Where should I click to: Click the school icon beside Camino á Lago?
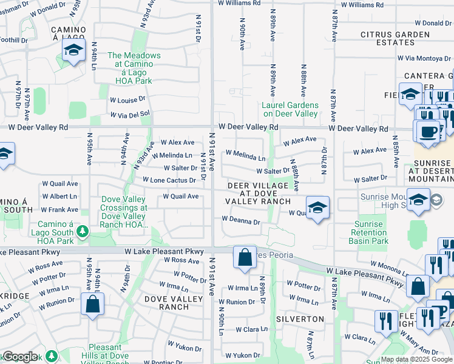[x=74, y=50]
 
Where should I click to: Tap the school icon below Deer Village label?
[x=317, y=207]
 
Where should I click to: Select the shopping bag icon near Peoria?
[x=244, y=257]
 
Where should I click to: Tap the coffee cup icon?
[x=429, y=130]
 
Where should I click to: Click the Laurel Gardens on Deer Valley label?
[x=290, y=109]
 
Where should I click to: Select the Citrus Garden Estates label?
[x=395, y=38]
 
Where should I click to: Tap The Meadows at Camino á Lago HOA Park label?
[x=134, y=68]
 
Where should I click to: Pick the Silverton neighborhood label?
[x=300, y=318]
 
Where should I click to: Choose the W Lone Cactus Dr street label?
[x=169, y=180]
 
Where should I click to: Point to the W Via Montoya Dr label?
[x=424, y=58]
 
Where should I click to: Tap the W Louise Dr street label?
[x=128, y=99]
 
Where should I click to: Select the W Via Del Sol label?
[x=130, y=114]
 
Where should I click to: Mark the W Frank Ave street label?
[x=59, y=209]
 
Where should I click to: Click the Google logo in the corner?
[x=19, y=357]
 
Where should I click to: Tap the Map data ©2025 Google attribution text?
[x=416, y=359]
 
